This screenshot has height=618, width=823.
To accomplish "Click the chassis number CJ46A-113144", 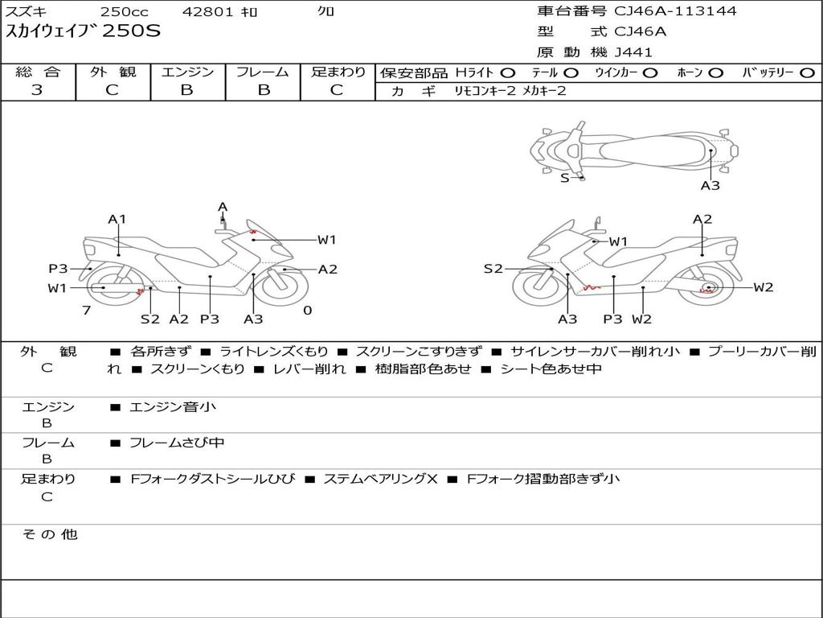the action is pyautogui.click(x=675, y=11).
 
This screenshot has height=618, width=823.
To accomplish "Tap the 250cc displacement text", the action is pyautogui.click(x=124, y=12).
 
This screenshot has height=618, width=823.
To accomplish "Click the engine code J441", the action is pyautogui.click(x=633, y=52).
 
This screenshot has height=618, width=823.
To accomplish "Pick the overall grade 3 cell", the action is pyautogui.click(x=37, y=90).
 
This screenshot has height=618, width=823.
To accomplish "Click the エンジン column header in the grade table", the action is pyautogui.click(x=187, y=72).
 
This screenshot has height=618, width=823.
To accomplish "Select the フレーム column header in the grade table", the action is pyautogui.click(x=263, y=72).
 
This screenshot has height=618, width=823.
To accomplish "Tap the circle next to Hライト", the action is pyautogui.click(x=508, y=72).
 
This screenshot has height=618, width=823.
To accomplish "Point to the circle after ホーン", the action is pyautogui.click(x=715, y=72).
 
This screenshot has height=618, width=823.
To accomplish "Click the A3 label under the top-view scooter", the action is pyautogui.click(x=710, y=186).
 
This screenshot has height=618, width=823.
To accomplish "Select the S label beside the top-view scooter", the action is pyautogui.click(x=564, y=178).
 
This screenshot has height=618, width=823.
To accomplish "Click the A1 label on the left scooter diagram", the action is pyautogui.click(x=117, y=219).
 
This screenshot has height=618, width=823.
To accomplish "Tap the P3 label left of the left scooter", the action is pyautogui.click(x=58, y=269).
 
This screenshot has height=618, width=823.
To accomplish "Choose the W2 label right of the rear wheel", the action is pyautogui.click(x=763, y=287).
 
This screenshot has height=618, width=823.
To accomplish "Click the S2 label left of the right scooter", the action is pyautogui.click(x=493, y=269).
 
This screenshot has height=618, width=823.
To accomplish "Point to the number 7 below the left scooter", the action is pyautogui.click(x=86, y=311).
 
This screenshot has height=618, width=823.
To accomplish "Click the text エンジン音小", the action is pyautogui.click(x=173, y=407).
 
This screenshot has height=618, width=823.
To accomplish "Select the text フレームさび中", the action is pyautogui.click(x=177, y=443).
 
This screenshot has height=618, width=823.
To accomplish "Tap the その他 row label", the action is pyautogui.click(x=49, y=534).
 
